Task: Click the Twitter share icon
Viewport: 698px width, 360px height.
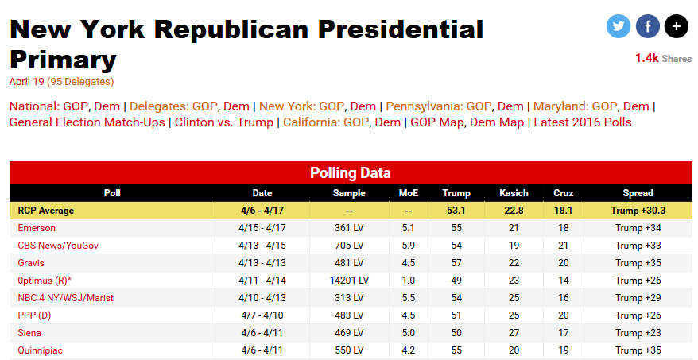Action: point(618,26)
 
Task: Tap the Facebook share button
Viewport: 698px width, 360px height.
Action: point(647,26)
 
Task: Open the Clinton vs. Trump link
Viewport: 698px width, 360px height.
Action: point(223,122)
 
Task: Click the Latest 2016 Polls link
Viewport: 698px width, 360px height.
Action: point(583,122)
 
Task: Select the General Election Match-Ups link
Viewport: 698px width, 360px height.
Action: point(87,122)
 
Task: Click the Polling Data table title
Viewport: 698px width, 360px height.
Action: point(350,172)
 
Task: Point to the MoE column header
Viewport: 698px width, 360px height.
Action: point(408,193)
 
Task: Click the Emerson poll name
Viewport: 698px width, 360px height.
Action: point(37,228)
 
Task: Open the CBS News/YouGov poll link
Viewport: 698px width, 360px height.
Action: point(58,246)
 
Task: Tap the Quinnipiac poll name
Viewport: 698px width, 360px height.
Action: point(41,350)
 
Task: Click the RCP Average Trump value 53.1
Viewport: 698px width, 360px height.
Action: point(456,211)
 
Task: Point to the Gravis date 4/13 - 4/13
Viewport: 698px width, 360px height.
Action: point(262,263)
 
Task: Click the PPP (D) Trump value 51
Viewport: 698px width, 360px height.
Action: point(456,315)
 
